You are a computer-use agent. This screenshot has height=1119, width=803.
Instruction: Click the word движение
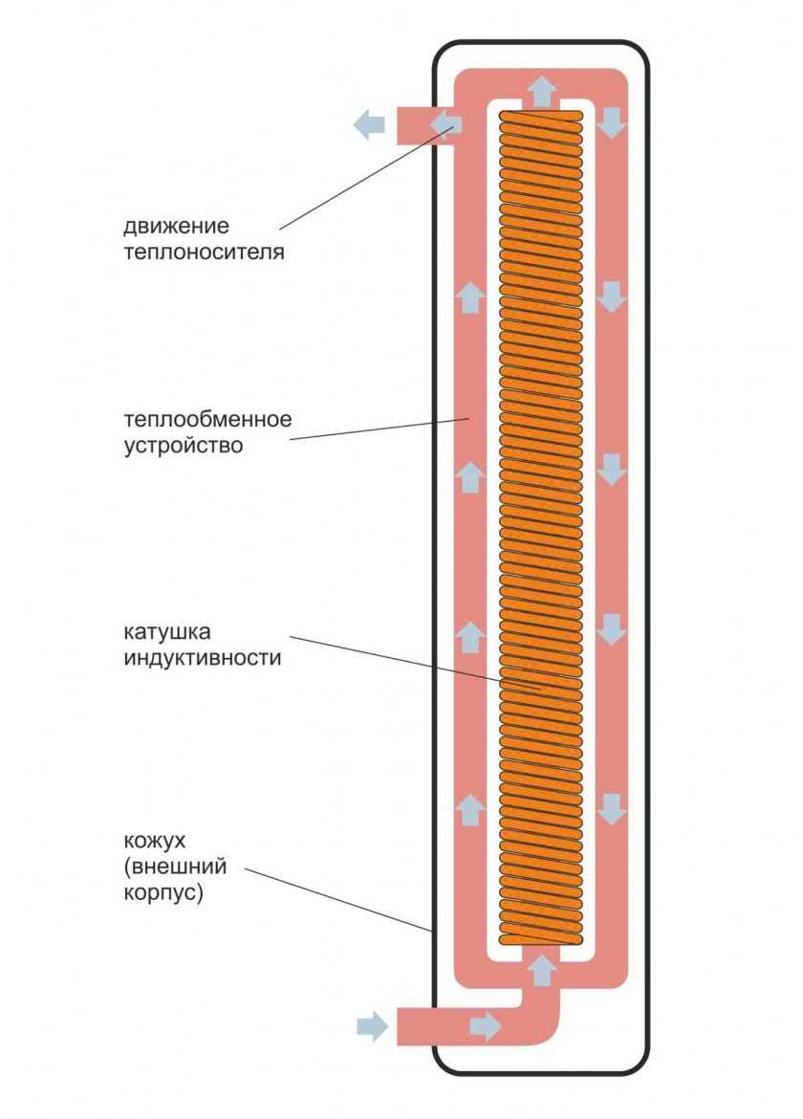[176, 228]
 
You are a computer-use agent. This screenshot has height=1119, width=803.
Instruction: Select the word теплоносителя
[204, 253]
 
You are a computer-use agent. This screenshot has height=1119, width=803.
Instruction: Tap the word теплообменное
[206, 420]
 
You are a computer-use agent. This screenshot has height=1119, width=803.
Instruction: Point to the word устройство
[184, 446]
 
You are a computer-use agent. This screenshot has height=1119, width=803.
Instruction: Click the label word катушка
[166, 632]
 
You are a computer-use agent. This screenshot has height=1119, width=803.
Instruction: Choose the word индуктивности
[203, 658]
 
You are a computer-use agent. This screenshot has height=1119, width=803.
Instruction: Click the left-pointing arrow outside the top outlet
[368, 124]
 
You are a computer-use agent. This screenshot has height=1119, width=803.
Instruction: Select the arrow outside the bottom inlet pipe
[372, 1027]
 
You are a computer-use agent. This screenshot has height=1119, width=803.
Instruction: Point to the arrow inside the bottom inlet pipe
[485, 1027]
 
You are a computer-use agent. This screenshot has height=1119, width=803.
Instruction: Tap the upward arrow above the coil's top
[542, 92]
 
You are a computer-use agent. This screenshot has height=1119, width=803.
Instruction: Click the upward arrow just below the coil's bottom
[542, 969]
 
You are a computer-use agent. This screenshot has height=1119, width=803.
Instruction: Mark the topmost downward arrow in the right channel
[612, 121]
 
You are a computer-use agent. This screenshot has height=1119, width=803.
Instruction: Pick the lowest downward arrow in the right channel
[612, 809]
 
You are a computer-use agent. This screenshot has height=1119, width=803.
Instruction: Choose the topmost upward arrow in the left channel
[469, 297]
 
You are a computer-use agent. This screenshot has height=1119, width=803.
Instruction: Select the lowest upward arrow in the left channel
[469, 809]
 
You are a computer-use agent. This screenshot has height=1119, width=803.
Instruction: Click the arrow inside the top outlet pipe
[445, 124]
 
